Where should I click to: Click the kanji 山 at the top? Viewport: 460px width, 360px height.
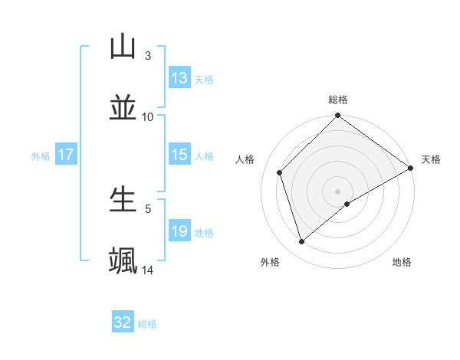click(x=123, y=47)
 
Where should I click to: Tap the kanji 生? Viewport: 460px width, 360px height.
click(x=123, y=199)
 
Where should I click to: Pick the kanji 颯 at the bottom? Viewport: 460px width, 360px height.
click(x=123, y=260)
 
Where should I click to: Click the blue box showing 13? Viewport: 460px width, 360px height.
click(x=179, y=78)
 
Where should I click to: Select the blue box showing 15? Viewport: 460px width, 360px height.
click(x=179, y=155)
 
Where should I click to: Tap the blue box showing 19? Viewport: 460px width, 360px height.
click(x=179, y=231)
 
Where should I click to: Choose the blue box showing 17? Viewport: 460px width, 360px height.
click(x=65, y=155)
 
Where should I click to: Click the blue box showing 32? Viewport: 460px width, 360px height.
click(x=123, y=322)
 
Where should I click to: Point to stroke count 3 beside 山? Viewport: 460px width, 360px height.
click(x=148, y=56)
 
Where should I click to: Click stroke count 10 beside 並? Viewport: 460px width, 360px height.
click(x=148, y=116)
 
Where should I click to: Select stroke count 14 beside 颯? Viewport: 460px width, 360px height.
click(x=148, y=270)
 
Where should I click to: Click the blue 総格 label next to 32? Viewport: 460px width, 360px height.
click(x=147, y=324)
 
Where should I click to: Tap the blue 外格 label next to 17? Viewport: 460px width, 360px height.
click(x=41, y=155)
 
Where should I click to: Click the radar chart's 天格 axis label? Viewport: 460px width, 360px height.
click(x=431, y=159)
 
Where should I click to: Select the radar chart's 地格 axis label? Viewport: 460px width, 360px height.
click(x=402, y=262)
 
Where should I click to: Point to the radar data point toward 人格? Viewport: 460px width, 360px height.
click(x=280, y=172)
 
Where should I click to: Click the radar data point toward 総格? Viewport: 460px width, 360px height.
click(x=337, y=116)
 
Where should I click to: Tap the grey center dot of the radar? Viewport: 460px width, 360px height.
click(x=337, y=191)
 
